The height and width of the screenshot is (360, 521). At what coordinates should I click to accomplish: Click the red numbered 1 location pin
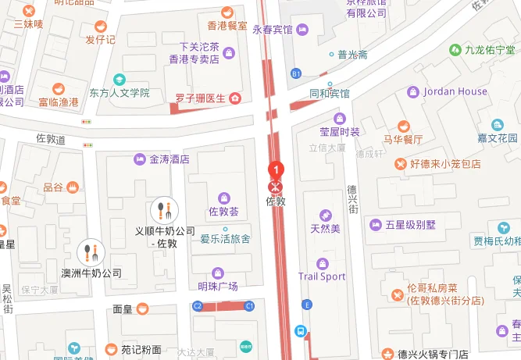(275, 169)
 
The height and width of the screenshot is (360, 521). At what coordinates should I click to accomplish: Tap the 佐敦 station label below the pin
(277, 201)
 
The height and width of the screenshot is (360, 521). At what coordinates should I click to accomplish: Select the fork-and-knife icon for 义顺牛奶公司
(164, 209)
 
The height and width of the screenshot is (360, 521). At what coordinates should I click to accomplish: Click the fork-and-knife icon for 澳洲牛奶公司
(92, 252)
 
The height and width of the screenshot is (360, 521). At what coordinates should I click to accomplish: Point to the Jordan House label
(455, 91)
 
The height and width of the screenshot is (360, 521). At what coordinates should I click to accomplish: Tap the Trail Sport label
(322, 276)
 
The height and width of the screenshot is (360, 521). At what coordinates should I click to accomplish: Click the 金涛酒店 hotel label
(170, 159)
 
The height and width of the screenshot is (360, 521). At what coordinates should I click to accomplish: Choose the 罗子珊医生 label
(200, 98)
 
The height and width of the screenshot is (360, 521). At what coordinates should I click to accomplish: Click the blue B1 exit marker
(296, 73)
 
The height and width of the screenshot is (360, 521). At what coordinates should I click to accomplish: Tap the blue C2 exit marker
(198, 305)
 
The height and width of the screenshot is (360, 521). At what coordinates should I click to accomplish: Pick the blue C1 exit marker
(250, 305)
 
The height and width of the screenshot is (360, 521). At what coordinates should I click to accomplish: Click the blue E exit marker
(308, 304)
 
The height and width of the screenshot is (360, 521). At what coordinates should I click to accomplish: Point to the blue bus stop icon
(300, 330)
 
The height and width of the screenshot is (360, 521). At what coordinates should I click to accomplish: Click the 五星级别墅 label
(404, 225)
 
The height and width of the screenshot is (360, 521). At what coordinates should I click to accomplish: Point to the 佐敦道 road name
(51, 138)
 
